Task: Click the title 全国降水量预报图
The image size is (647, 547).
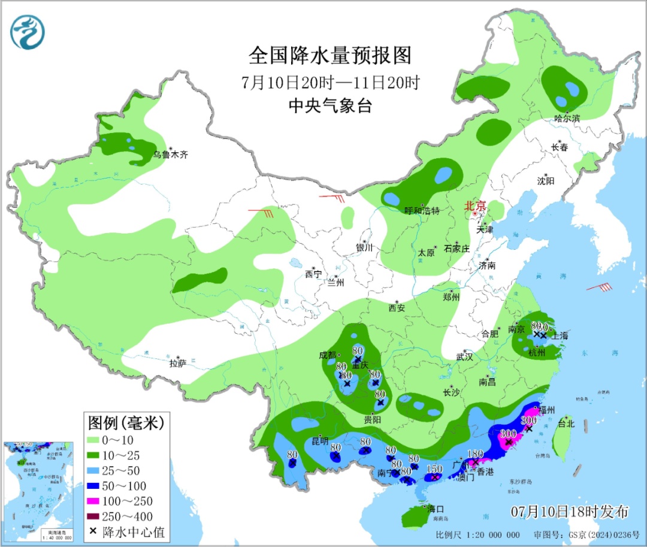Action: (x=330, y=56)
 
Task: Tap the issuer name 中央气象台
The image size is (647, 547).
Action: (x=330, y=106)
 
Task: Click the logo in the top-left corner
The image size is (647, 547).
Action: (x=28, y=32)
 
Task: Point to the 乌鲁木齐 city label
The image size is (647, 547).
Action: (x=170, y=155)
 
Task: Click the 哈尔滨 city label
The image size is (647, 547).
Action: (x=567, y=118)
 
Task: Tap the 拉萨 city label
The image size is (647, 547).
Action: (x=177, y=363)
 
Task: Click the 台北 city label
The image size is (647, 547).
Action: (x=566, y=423)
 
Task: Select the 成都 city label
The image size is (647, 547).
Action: (x=328, y=355)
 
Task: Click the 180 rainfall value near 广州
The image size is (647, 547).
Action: (x=474, y=454)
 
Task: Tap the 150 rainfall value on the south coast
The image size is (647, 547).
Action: (x=434, y=469)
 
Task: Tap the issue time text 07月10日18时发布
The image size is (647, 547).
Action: (x=570, y=512)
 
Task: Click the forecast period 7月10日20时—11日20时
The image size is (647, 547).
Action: (x=330, y=82)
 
